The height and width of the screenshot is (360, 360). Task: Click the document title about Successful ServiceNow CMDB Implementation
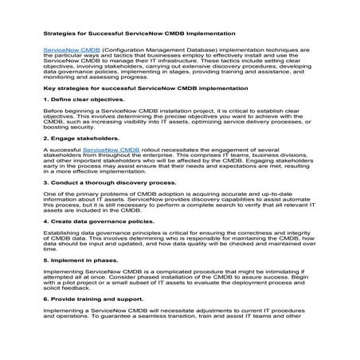(x=139, y=34)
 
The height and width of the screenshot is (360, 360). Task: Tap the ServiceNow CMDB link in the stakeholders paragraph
(x=112, y=149)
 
